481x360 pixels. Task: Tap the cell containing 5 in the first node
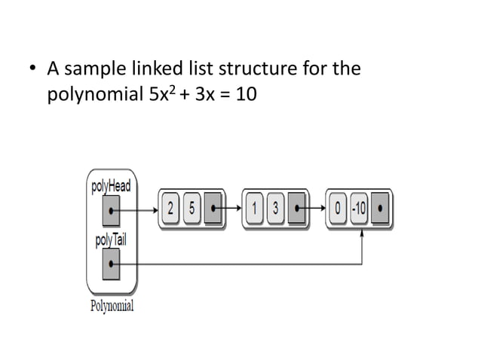point(192,209)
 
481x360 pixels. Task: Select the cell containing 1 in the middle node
point(258,209)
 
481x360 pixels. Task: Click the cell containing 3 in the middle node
point(276,209)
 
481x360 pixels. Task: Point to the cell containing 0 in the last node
point(340,209)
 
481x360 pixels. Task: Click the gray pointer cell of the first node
point(213,209)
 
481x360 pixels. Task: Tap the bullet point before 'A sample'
point(32,70)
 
